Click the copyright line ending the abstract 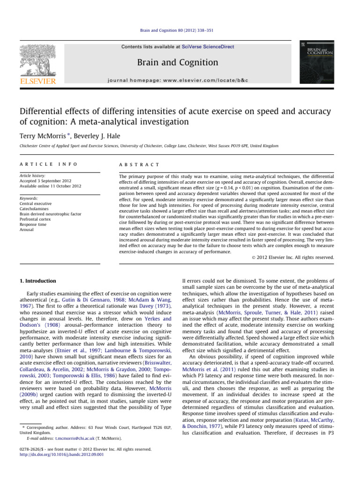point(296,257)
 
